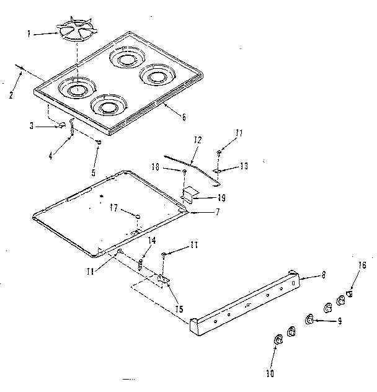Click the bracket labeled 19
tap(190, 194)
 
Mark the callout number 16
tap(363, 265)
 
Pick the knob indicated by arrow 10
tap(277, 339)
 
